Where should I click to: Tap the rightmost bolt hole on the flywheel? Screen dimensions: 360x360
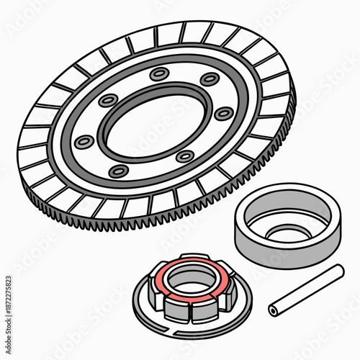224,113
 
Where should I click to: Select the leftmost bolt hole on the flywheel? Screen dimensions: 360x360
84,141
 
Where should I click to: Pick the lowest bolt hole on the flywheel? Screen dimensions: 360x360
120,171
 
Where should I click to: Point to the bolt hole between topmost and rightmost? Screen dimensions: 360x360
209,79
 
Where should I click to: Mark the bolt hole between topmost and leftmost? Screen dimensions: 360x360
108,101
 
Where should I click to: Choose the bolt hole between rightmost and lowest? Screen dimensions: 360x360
185,156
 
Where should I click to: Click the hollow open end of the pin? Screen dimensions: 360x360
274,310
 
